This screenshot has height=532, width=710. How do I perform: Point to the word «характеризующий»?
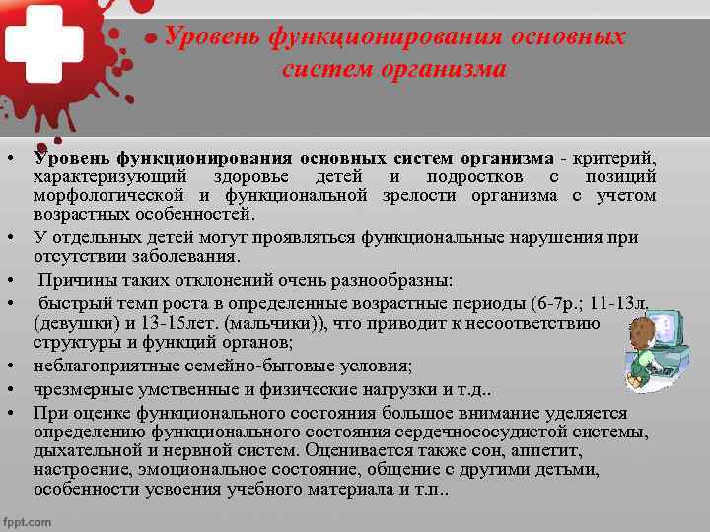click(108, 176)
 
